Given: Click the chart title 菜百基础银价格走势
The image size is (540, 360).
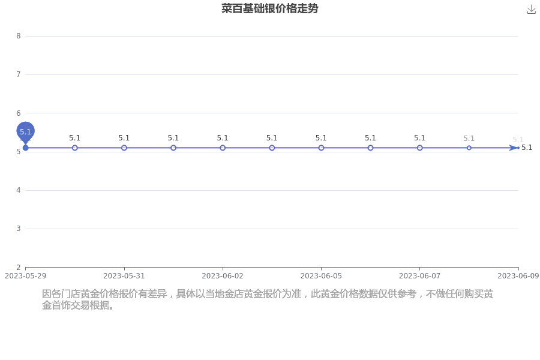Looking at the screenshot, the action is [x=269, y=8].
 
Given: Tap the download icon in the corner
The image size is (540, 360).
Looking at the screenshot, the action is [x=532, y=10].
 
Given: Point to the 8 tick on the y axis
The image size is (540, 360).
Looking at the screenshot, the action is [x=19, y=36].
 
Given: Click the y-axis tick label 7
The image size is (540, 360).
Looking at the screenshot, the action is [x=19, y=74].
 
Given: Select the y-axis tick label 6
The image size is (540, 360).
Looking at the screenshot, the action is [x=19, y=113].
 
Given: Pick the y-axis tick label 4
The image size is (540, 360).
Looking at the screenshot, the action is [x=19, y=190].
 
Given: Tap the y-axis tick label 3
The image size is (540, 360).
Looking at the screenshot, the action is [x=19, y=229].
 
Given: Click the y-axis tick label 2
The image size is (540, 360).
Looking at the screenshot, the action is [x=19, y=268].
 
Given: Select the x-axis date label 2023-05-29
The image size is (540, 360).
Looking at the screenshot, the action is [x=25, y=276].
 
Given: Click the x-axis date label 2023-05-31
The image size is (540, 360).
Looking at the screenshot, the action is [x=124, y=276].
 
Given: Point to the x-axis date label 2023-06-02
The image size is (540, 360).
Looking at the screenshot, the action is [x=223, y=276].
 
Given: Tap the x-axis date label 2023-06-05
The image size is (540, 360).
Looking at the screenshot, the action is [x=321, y=276].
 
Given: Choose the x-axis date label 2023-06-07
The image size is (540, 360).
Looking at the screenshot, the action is [x=419, y=276].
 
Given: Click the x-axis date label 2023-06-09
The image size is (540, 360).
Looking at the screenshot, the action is [x=518, y=276].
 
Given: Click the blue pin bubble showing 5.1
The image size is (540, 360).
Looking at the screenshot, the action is [x=25, y=131].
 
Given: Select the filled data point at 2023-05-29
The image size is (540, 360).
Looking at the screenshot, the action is [x=25, y=148].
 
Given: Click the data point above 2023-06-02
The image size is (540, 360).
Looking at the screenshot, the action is [x=223, y=148].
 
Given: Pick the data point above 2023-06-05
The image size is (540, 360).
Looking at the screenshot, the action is [x=321, y=148].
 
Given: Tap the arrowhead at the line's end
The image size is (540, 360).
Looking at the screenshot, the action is [x=514, y=148].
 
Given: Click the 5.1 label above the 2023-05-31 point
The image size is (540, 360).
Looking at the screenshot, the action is [x=124, y=138].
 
